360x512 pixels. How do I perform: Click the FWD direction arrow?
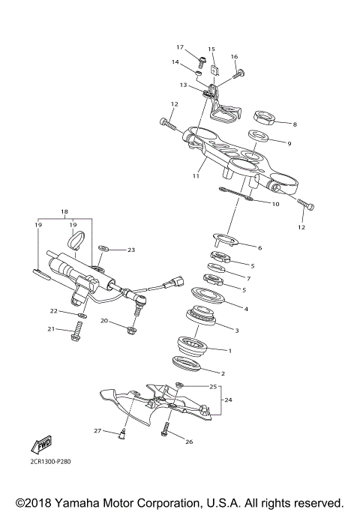41,443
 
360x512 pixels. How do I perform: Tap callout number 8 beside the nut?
295,124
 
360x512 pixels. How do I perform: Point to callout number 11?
195,176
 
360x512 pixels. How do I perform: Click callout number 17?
180,46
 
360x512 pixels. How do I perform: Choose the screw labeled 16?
239,73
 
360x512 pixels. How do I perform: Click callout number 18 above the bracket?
64,212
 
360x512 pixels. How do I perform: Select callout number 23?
130,250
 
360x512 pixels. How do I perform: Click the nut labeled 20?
132,328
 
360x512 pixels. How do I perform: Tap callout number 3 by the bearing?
237,330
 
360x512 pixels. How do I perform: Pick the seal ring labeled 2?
189,365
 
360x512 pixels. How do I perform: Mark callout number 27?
97,431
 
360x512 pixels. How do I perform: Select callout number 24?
229,400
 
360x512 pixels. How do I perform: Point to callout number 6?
259,247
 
